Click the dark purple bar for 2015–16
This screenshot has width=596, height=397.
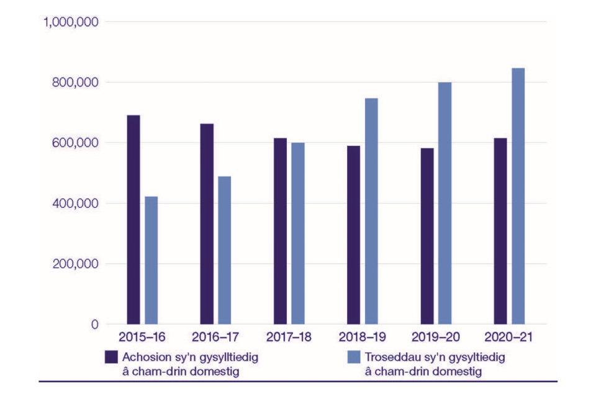(x=133, y=220)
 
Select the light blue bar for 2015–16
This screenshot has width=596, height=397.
(x=151, y=260)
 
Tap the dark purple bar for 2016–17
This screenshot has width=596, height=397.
(x=207, y=224)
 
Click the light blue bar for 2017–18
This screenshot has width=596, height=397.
(x=298, y=233)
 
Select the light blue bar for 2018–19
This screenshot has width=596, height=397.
(x=371, y=211)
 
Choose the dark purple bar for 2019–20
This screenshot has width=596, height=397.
(x=427, y=236)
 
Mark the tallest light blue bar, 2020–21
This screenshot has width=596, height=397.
(x=518, y=196)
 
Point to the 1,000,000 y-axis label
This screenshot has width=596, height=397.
(x=70, y=22)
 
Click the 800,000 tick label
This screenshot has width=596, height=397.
(x=74, y=83)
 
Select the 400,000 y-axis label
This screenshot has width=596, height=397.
(x=74, y=203)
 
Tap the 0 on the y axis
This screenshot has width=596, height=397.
(x=94, y=324)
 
